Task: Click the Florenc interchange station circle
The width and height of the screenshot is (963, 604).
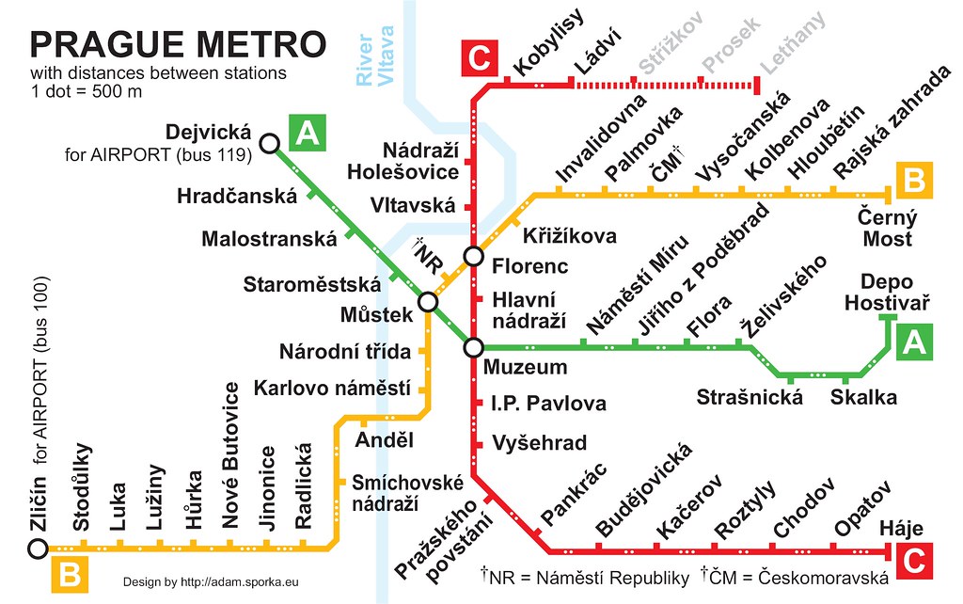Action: (473, 256)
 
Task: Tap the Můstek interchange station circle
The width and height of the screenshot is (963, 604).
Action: (428, 301)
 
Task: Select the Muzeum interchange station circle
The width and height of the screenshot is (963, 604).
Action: (473, 347)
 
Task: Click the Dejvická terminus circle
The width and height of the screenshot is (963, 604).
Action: (269, 143)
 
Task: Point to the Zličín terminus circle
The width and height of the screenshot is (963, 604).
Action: (37, 548)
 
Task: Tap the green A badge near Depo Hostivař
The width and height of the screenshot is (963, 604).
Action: (914, 342)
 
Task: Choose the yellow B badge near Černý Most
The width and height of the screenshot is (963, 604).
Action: (914, 179)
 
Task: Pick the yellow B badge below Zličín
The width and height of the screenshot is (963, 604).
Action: (69, 574)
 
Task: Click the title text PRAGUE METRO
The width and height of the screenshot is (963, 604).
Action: (178, 44)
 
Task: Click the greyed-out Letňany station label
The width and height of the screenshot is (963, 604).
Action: (794, 42)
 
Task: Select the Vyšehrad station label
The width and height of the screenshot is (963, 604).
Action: (539, 443)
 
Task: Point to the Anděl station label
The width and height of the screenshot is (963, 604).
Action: (385, 440)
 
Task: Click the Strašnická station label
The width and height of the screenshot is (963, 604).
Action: (750, 397)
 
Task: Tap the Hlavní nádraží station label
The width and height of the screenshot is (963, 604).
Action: (529, 310)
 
